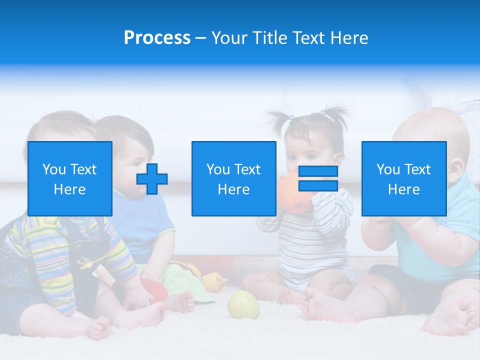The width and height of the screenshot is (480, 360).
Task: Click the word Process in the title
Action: (157, 38)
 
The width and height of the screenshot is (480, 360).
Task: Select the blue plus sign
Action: (152, 178)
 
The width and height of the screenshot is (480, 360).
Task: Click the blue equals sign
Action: (318, 178)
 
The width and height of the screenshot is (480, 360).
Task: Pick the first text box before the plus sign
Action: (70, 178)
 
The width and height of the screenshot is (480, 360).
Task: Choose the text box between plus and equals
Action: (233, 178)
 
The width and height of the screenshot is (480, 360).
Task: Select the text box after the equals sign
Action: (403, 178)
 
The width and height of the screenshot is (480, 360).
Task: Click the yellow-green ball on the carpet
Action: (243, 304)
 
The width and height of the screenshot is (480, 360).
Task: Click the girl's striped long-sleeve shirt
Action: (310, 235)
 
